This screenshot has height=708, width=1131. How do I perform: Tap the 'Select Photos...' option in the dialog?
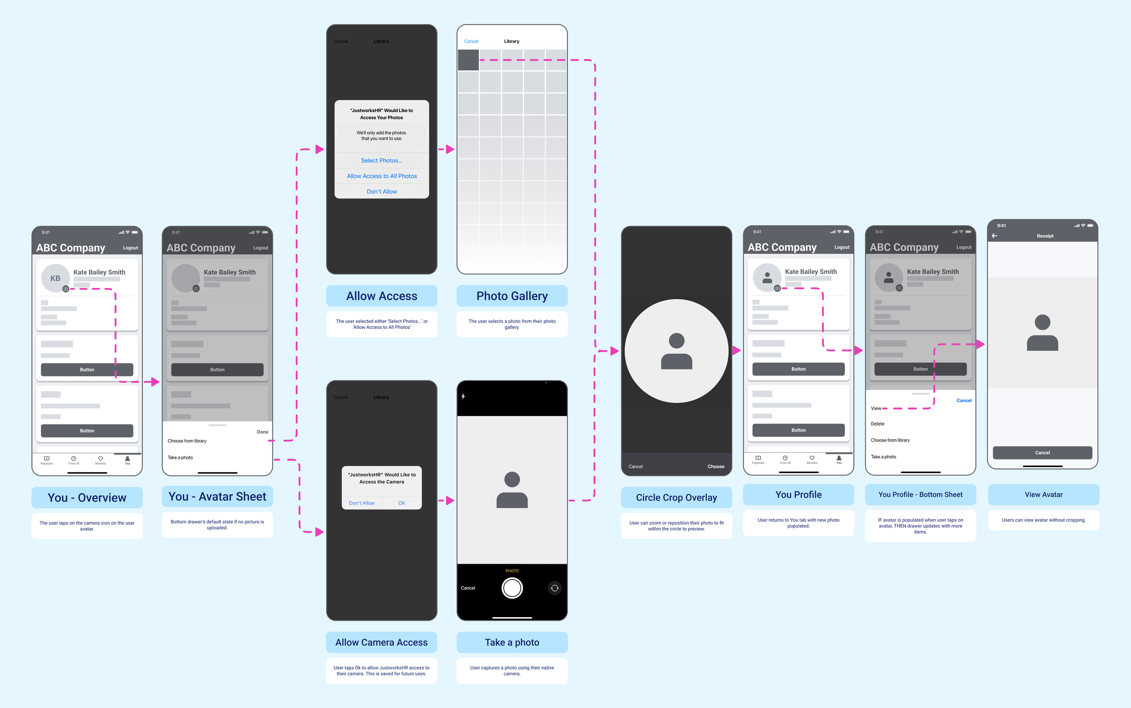pos(381,160)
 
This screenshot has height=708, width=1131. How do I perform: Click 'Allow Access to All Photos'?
pos(381,176)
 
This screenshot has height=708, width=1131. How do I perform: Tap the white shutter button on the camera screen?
pos(512,588)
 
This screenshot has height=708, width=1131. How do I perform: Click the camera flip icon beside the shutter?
pos(555,588)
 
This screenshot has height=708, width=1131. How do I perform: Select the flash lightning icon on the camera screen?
pos(463,396)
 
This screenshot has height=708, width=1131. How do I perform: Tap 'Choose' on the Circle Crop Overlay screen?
pos(715,467)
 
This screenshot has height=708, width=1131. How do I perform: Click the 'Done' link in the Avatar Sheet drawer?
pos(262,432)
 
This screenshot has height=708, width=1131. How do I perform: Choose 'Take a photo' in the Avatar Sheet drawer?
pos(181,458)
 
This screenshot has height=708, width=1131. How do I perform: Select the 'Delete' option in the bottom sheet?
pos(878,424)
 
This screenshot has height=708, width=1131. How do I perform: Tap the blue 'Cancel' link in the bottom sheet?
pos(964,401)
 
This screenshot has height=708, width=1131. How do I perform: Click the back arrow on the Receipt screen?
pos(994,236)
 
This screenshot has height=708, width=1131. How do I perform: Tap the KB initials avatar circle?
pos(55,278)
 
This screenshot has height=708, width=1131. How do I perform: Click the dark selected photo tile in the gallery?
pos(468,61)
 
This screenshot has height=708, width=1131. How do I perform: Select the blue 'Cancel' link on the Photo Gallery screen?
pos(471,41)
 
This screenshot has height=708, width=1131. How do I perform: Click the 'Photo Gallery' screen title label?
pos(512,296)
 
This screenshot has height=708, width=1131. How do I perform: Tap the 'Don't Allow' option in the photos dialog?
pos(381,192)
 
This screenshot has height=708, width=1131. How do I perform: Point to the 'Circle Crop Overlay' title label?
pos(676,497)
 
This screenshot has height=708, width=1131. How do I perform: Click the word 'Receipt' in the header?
pos(1045,236)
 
